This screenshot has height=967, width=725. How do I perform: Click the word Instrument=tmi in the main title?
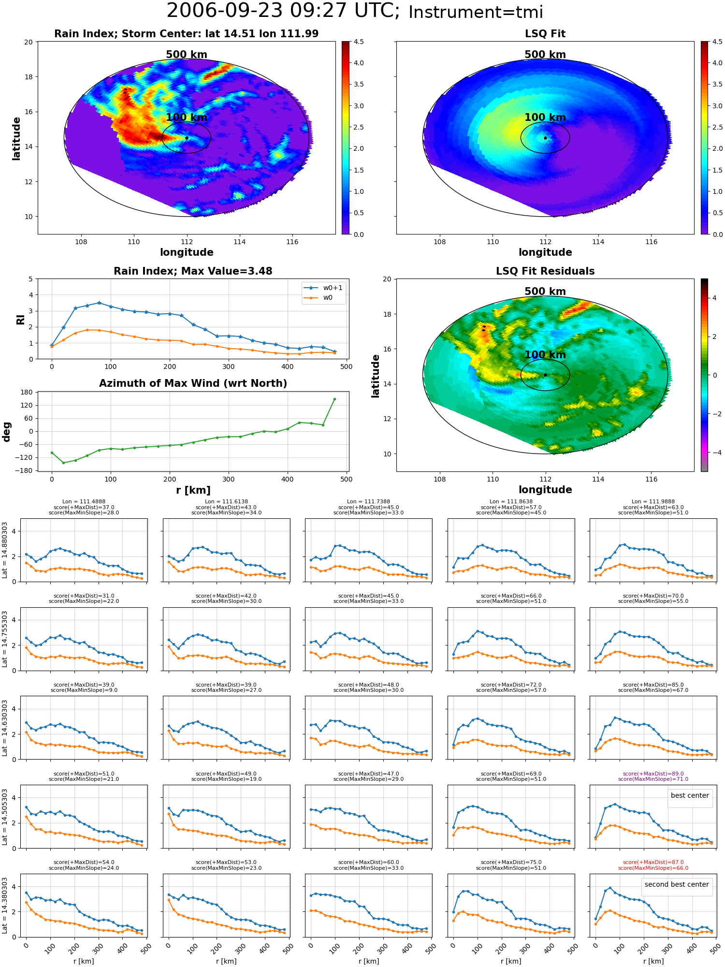pos(476,12)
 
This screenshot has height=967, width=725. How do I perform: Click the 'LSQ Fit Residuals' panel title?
pos(545,271)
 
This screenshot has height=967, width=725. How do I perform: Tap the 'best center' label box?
pos(690,795)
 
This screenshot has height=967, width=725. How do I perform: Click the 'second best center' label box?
pos(677,884)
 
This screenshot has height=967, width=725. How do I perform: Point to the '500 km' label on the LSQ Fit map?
pos(545,55)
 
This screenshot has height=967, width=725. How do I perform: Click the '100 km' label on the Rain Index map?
pos(187,117)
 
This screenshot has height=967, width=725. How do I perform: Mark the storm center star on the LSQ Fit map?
pos(545,138)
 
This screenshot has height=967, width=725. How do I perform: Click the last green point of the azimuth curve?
pos(334,399)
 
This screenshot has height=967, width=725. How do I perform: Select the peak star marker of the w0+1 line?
pos(99,303)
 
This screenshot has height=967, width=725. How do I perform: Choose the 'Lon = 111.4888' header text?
pos(84,502)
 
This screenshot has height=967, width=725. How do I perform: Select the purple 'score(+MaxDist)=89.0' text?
pos(653,774)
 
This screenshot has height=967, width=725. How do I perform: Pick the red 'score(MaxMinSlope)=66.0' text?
pos(653,868)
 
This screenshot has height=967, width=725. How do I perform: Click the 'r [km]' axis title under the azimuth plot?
pos(193,490)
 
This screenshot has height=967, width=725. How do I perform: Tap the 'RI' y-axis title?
pos(20,320)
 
